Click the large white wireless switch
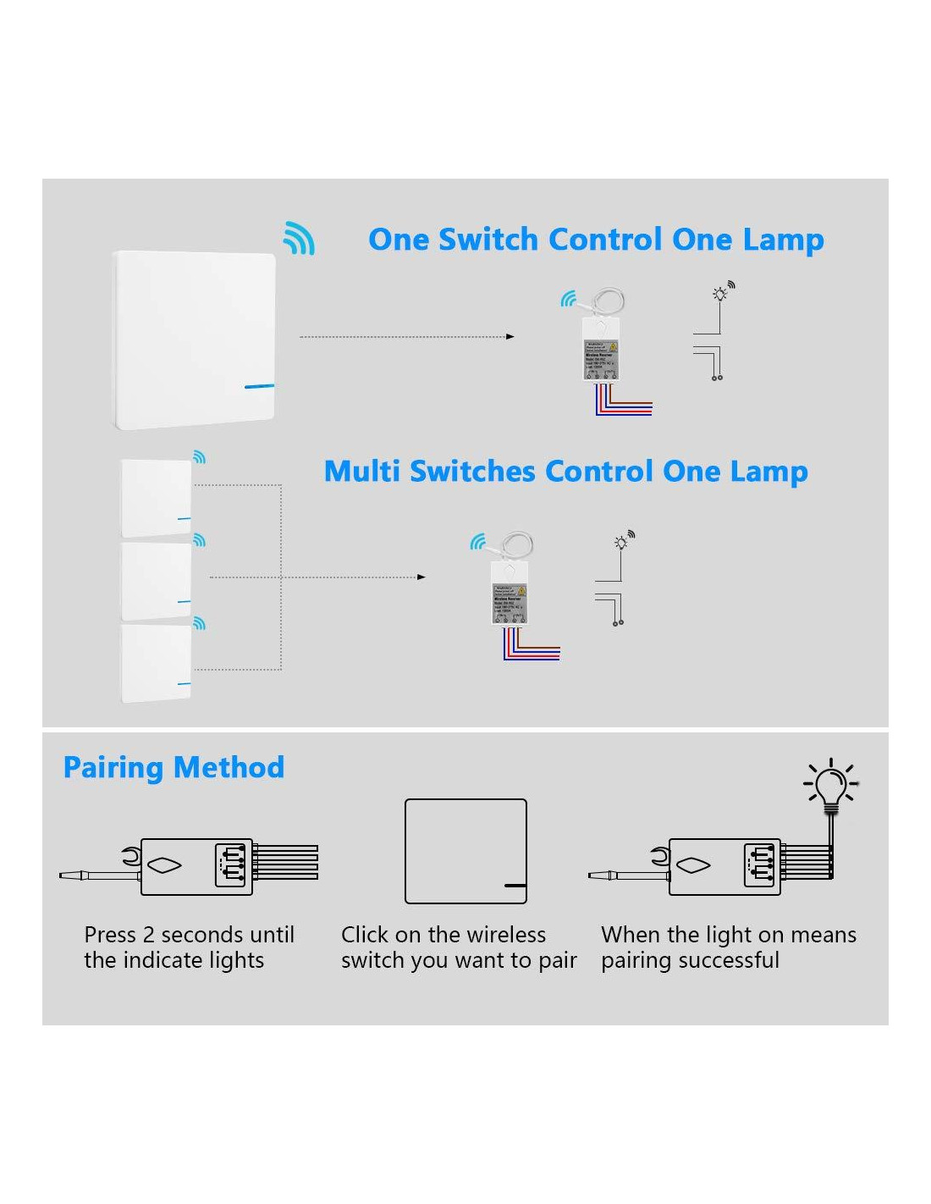pos(194,339)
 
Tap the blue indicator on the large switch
pos(259,387)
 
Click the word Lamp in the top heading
pos(783,240)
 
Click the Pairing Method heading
pos(174,768)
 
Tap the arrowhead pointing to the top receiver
pos(510,337)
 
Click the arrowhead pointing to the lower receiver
pos(421,577)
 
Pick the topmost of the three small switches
pos(157,498)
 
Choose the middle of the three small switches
pos(157,582)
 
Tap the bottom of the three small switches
pos(157,664)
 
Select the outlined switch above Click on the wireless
pos(465,851)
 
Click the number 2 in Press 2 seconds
pos(149,936)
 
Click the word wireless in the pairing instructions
pos(506,936)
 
